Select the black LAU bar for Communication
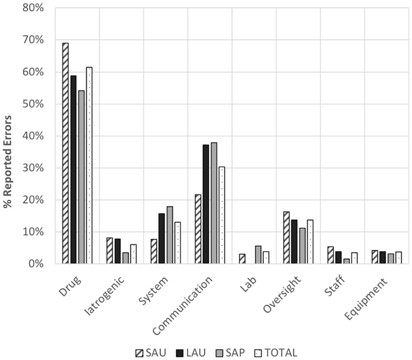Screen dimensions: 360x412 tap(206, 204)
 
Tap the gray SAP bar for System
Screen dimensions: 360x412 tap(170, 235)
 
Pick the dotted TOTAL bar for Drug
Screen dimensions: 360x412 tap(89, 165)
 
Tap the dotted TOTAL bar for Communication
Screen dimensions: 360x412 tap(222, 215)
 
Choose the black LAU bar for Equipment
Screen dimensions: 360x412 tap(383, 258)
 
